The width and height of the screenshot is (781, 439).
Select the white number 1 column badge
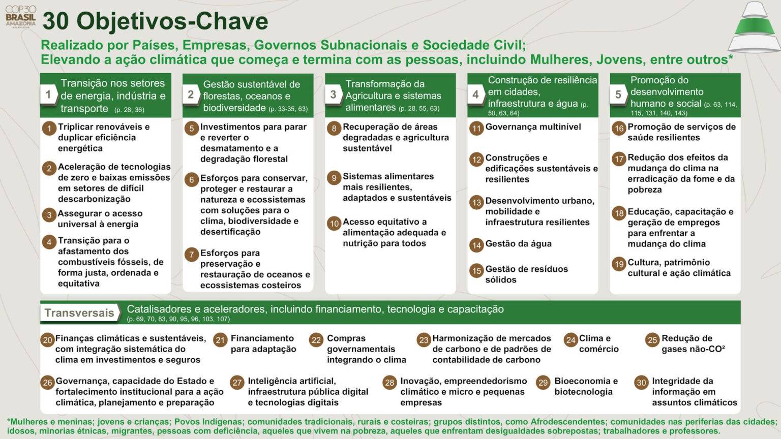(x=49, y=95)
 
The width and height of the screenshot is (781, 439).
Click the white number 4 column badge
(x=476, y=95)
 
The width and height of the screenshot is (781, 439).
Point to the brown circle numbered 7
(x=192, y=255)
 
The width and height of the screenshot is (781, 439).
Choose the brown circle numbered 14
(x=476, y=245)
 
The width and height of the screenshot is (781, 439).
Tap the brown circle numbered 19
(x=619, y=264)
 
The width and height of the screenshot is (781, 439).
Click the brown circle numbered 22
(x=316, y=340)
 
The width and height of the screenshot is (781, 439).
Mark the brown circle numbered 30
(x=642, y=383)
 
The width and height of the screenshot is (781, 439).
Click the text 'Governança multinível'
(x=533, y=127)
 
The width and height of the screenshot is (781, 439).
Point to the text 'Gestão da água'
(x=518, y=244)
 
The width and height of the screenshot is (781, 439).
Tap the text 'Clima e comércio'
(x=598, y=343)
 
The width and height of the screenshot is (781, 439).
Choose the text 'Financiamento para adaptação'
(x=263, y=343)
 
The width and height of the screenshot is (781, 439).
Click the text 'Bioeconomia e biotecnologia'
(x=586, y=386)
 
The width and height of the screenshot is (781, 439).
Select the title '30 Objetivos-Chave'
(x=155, y=21)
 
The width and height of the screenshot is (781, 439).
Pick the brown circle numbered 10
(x=334, y=224)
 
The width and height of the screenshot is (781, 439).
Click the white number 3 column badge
(x=334, y=95)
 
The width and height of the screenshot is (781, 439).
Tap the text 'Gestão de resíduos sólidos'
(x=526, y=274)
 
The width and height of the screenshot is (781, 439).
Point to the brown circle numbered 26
(x=48, y=383)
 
